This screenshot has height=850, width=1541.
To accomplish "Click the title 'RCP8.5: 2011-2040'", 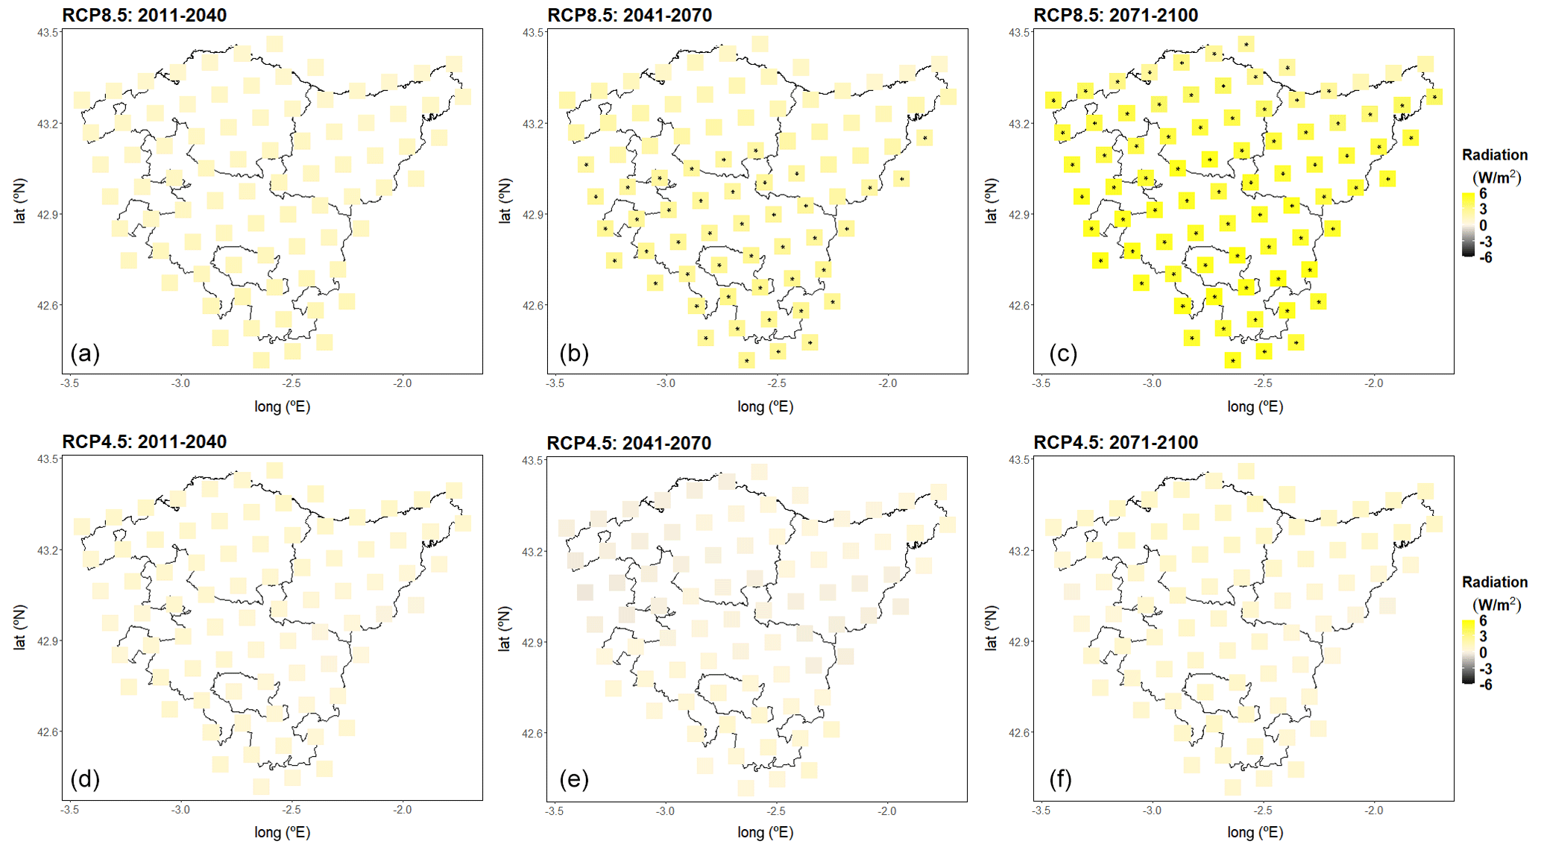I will coord(144,15).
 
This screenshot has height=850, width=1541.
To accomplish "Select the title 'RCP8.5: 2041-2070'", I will coord(629,15).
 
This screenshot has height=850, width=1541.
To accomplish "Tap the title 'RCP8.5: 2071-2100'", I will coord(1115,15).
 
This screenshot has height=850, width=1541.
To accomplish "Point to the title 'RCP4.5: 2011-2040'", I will coord(144,441).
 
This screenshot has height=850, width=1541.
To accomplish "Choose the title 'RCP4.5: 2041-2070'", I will coord(628,443).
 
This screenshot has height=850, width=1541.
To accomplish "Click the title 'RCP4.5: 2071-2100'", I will coord(1115,442).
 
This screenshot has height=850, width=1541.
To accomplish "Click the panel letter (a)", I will coord(84,353).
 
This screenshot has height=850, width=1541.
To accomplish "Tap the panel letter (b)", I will coord(573,353).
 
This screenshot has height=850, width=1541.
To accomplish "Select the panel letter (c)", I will coord(1062,353).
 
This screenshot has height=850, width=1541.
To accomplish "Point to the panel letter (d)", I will coord(84,779).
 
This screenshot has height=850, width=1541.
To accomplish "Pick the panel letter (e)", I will coord(573,779).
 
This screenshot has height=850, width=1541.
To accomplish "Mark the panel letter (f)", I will coord(1060,779).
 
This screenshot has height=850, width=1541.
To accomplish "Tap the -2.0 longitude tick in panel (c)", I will coord(1373,383).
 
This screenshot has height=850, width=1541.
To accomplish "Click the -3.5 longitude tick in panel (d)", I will coord(69,810).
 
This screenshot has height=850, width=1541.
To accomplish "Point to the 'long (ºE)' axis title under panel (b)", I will coord(765,406).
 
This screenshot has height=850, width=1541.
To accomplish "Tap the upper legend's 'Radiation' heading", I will coord(1494,155).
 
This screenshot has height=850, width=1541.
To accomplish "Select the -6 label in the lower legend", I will coord(1485,684).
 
